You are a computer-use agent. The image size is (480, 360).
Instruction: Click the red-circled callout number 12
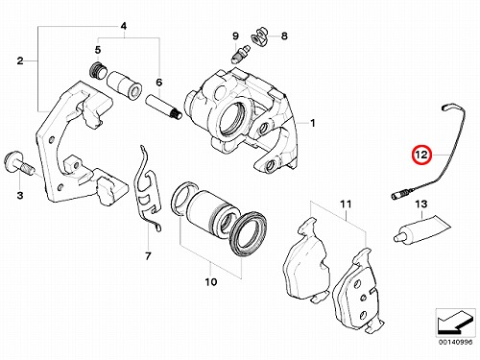421,155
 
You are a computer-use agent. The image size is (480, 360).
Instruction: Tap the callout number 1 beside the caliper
313,123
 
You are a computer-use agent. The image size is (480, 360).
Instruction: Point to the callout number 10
211,282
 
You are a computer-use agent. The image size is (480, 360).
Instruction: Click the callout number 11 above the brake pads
346,204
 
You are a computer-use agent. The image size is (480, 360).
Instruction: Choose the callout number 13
421,204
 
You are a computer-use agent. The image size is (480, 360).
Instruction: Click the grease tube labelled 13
422,229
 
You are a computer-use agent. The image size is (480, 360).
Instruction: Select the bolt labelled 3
19,165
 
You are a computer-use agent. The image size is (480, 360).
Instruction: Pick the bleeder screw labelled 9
240,55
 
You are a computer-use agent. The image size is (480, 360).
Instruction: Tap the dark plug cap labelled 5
97,70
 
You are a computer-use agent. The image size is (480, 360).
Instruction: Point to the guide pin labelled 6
164,107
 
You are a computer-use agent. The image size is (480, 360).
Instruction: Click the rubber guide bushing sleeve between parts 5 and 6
124,85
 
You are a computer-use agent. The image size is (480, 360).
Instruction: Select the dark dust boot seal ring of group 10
249,233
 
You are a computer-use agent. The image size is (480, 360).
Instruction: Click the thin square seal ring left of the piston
183,198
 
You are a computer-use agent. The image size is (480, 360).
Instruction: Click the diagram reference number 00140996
455,342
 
